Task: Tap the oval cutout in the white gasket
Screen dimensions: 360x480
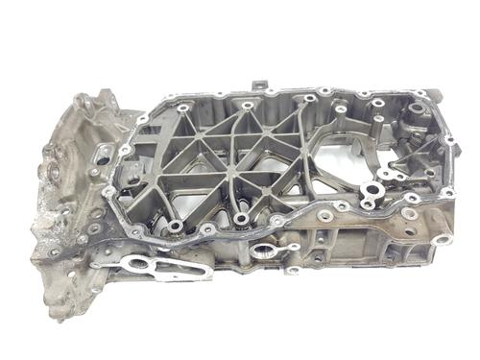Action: tap(141, 263)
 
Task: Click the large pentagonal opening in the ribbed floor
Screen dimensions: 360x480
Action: tap(335, 159)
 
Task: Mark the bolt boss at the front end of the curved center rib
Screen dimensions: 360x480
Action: tap(241, 218)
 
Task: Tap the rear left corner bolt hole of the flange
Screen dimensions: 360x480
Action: tap(143, 119)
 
